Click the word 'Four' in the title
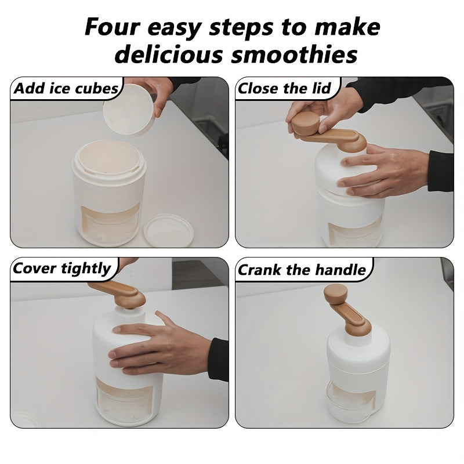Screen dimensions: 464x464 click(112, 27)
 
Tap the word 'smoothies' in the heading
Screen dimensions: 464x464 click(295, 55)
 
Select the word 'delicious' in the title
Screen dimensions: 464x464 click(169, 55)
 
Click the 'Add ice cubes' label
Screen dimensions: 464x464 click(66, 88)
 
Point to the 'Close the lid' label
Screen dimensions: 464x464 click(284, 88)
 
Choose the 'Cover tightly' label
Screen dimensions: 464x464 click(61, 269)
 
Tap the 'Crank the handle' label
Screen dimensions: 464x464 click(302, 270)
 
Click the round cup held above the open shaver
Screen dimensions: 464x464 click(129, 110)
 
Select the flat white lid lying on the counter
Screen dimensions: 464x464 click(168, 231)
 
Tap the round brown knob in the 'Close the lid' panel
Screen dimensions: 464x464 click(306, 122)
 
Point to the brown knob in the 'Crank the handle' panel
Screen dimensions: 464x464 click(336, 293)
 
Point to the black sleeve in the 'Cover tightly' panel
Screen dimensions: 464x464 click(219, 359)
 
